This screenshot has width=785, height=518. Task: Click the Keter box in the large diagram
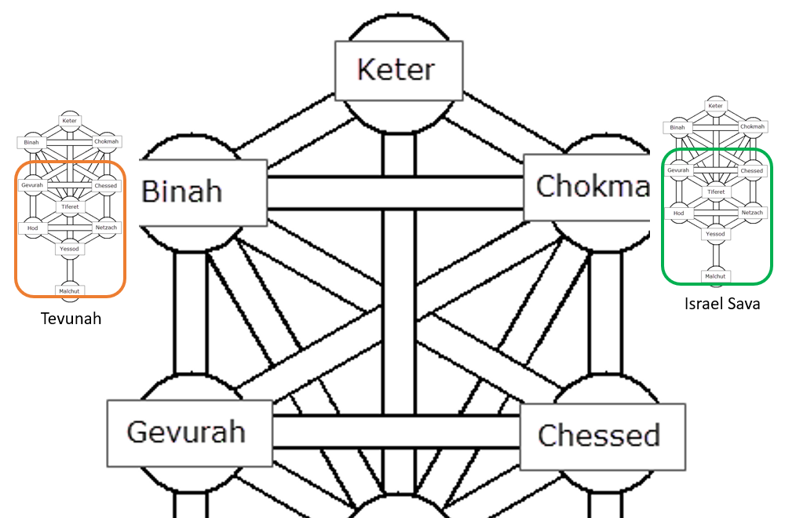click(x=396, y=70)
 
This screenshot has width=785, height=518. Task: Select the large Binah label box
click(x=203, y=192)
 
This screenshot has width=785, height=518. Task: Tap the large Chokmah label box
click(x=587, y=187)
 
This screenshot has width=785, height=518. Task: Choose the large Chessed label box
click(x=601, y=436)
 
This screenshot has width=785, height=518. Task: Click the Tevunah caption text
click(x=71, y=319)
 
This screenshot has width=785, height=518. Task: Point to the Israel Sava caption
click(x=721, y=304)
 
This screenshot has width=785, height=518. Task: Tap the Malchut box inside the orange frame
click(x=69, y=291)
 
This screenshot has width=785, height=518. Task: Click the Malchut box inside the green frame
click(x=715, y=276)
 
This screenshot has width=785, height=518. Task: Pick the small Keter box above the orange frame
click(x=70, y=121)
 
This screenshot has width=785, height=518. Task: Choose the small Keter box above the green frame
click(x=715, y=106)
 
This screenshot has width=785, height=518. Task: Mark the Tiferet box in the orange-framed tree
click(x=70, y=207)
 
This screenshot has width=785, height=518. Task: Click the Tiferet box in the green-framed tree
click(x=715, y=192)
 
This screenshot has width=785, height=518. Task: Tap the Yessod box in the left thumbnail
click(x=70, y=249)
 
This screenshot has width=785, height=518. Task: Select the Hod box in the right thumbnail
click(x=679, y=213)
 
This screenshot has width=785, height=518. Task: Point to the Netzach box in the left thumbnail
click(x=106, y=228)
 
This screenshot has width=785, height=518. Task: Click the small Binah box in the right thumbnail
click(x=678, y=127)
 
